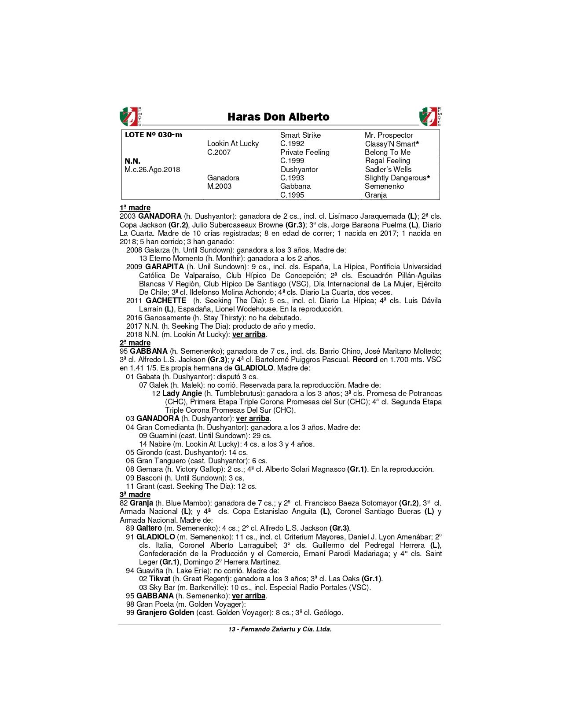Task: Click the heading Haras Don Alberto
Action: coord(278,117)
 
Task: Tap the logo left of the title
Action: coord(130,117)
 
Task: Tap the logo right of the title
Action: coord(429,117)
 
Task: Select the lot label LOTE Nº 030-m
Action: coord(153,135)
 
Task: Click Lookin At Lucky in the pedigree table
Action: coord(233,143)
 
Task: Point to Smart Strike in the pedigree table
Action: coord(300,135)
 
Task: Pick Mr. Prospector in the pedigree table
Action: coord(389,135)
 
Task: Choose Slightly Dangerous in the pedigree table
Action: coord(395,178)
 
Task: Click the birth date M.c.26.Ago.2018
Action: coord(152,169)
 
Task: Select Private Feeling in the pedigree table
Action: coord(304,152)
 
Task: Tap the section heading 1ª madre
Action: coord(135,208)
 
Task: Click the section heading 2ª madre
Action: coord(135,343)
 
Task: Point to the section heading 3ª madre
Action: coord(135,495)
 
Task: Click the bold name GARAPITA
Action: coord(165,267)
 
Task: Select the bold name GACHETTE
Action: coord(166,301)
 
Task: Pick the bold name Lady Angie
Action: coord(182,393)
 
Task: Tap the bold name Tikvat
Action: coord(160,579)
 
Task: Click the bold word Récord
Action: coord(365,359)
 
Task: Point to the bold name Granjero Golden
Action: coord(165,612)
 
